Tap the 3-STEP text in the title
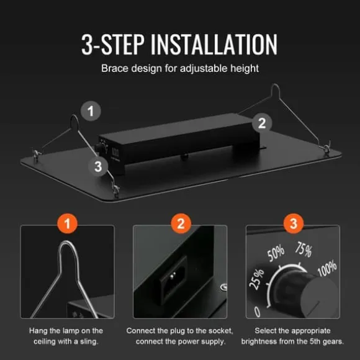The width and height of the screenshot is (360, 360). (113, 45)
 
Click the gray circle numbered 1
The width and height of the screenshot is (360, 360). (91, 111)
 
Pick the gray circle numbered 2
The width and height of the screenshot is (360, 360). (262, 123)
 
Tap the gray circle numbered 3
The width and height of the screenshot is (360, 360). (98, 166)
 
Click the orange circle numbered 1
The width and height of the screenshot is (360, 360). (67, 223)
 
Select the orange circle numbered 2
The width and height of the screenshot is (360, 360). (181, 223)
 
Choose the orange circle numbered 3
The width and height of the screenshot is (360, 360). (294, 223)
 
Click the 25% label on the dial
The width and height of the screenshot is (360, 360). (257, 279)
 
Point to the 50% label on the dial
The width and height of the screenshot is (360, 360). (276, 253)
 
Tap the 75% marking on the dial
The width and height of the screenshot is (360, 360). (304, 249)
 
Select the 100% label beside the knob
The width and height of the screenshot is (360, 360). (327, 268)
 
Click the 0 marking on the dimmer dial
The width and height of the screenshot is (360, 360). (258, 312)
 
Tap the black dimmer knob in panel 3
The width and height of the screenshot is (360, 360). (305, 293)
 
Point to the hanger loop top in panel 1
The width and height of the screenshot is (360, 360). (67, 243)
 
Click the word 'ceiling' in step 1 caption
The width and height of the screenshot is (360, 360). (44, 341)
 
